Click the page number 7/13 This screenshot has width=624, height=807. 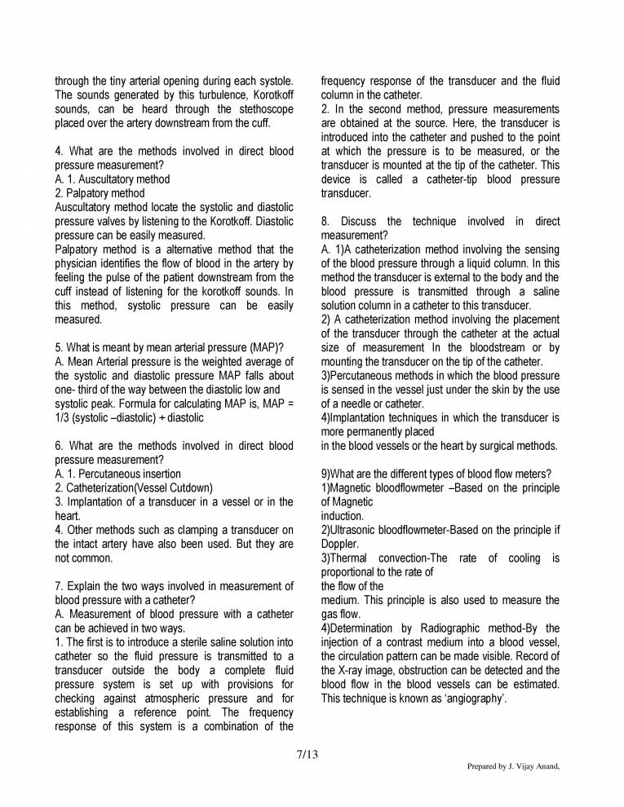pyautogui.click(x=308, y=754)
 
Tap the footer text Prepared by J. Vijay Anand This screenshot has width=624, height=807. pyautogui.click(x=513, y=767)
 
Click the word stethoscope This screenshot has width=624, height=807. pyautogui.click(x=261, y=109)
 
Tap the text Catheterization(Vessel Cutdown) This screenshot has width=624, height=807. pyautogui.click(x=139, y=487)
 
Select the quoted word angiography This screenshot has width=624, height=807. pyautogui.click(x=476, y=699)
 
